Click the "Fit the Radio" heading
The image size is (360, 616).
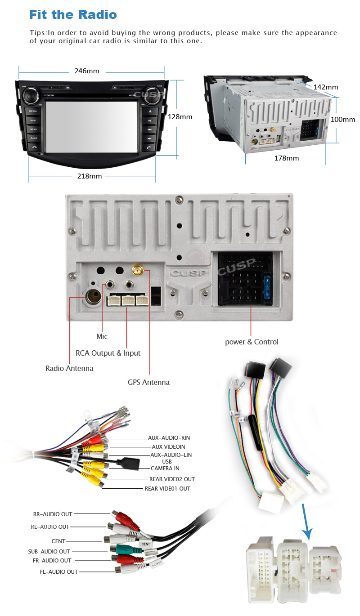73,14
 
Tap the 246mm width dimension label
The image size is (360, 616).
86,71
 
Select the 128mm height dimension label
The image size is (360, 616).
180,116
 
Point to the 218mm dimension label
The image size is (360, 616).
90,176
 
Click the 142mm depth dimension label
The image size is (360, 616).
325,87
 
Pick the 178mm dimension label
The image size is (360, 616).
287,158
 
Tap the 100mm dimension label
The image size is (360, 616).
342,120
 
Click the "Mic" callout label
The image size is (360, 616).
102,336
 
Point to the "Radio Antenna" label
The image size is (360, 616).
69,368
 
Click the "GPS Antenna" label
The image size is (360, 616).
148,382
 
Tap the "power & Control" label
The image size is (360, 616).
252,342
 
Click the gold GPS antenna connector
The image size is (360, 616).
137,271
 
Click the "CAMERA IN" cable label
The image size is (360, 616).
165,468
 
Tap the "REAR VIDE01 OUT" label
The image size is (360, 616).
167,488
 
